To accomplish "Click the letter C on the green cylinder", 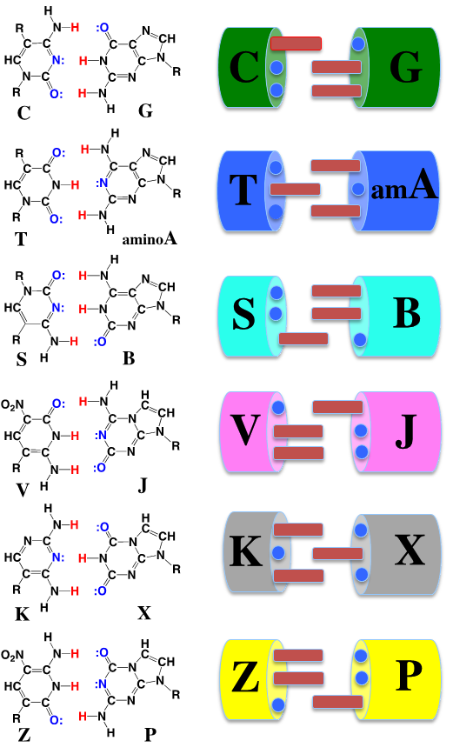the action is click(244, 68).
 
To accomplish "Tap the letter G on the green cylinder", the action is click(406, 68).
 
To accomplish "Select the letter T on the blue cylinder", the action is click(243, 189).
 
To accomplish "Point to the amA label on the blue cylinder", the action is click(404, 187).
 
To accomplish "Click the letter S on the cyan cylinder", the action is click(243, 314).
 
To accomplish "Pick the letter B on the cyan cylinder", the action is click(407, 313).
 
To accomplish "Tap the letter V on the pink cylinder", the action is click(245, 430).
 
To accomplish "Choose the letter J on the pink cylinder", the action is click(406, 432).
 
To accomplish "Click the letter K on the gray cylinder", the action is click(246, 551).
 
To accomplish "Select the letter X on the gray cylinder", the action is click(410, 550).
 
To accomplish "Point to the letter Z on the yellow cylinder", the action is click(245, 677).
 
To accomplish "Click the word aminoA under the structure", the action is click(150, 237).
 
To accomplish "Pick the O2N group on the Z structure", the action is click(12, 655).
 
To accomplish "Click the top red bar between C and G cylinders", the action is click(296, 43).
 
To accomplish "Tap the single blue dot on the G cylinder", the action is click(357, 44).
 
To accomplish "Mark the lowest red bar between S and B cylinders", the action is click(303, 338).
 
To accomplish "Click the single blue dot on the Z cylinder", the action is click(278, 705).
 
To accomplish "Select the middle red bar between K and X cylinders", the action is click(337, 553).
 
